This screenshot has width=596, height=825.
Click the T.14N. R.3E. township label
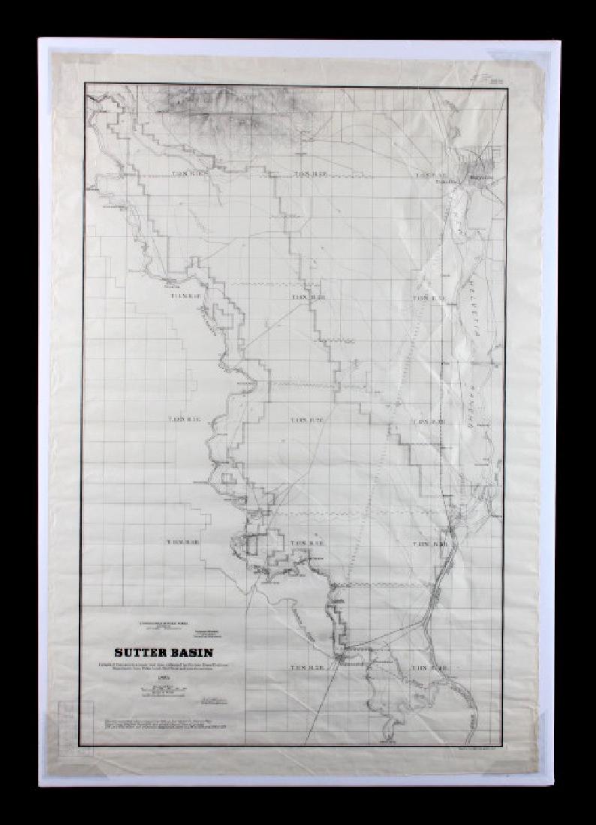[429, 298]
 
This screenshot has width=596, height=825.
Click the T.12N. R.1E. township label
[183, 542]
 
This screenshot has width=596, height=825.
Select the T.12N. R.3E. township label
[430, 543]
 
